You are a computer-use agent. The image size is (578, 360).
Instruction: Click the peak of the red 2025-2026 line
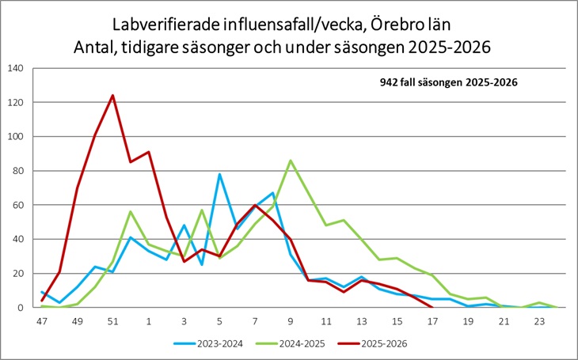point(112,96)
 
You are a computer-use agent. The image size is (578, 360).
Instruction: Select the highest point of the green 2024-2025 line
point(291,161)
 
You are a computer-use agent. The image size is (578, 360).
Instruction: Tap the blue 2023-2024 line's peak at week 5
point(219,174)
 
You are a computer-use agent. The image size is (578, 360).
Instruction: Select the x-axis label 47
point(42,322)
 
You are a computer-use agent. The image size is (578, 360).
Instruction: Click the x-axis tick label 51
point(112,322)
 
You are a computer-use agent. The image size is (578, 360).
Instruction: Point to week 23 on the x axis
point(539,322)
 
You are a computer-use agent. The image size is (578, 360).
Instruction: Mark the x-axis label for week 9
point(291,322)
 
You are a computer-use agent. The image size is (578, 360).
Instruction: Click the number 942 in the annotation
point(390,81)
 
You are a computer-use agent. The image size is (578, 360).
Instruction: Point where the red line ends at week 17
point(432,307)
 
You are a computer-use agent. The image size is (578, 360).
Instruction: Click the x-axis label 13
point(361,322)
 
